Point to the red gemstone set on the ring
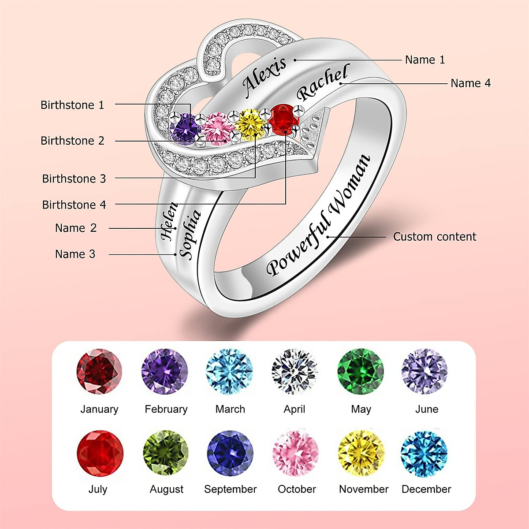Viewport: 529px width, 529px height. pos(283,118)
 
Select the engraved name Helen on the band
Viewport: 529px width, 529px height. pos(168,221)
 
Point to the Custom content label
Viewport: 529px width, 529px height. pos(434,237)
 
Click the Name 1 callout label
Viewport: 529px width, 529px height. pos(425,60)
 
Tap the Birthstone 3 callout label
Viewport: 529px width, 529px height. pos(74,179)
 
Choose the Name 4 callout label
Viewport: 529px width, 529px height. pos(470,83)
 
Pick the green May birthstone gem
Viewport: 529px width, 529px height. pos(361,371)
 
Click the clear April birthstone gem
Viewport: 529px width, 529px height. pos(294,371)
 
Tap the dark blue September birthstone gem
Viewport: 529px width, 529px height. pos(230,453)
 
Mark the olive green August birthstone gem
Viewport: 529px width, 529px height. pos(166,453)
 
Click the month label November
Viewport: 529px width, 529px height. pos(364,489)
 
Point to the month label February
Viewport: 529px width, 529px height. pos(166,409)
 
